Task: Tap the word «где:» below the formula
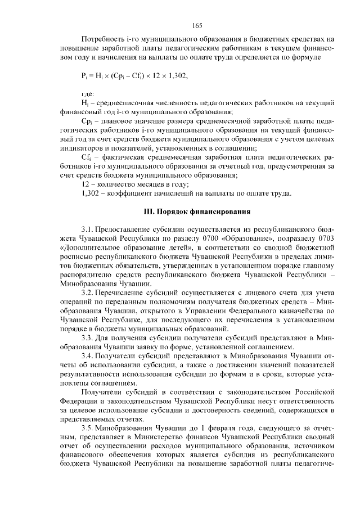(x=88, y=93)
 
